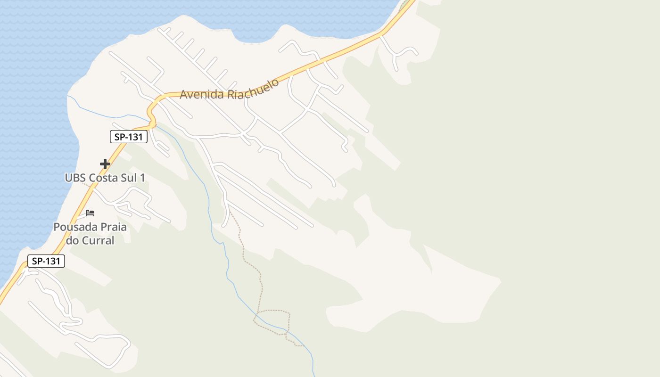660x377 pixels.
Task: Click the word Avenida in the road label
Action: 202,94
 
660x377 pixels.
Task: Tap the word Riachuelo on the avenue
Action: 253,89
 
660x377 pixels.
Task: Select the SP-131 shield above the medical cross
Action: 129,137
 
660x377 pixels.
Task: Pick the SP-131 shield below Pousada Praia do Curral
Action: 46,261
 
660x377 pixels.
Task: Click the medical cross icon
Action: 105,164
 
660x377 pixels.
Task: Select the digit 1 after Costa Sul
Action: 142,178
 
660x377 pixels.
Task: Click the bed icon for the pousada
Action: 90,213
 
